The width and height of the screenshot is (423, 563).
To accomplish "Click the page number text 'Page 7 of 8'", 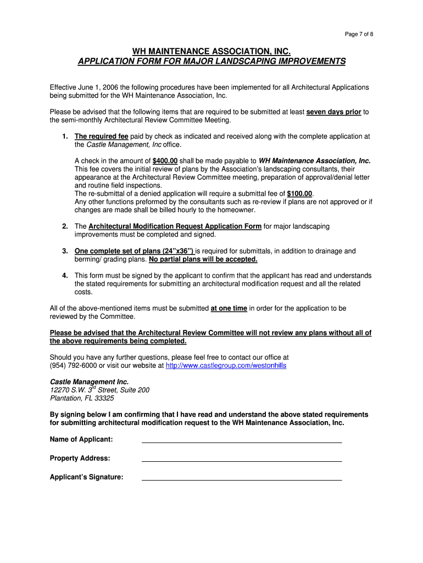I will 359,35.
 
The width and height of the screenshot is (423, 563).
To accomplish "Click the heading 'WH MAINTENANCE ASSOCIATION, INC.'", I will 211,51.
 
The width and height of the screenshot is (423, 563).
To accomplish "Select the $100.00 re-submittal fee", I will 299,194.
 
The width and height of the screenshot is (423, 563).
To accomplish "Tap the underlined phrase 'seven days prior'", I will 333,112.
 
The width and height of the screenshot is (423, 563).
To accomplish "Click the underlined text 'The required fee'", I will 102,136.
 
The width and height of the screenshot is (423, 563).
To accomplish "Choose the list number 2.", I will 65,227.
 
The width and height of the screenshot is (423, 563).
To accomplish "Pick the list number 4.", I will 65,275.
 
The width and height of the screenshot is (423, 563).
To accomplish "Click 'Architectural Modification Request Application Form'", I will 175,227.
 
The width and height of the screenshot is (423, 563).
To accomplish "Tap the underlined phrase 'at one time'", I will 229,308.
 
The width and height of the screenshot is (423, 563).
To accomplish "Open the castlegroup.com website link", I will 226,366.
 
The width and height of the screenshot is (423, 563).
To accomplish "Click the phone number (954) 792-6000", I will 74,366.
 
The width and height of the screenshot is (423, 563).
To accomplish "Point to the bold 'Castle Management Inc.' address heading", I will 89,382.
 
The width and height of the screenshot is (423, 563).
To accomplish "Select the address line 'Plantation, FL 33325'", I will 82,399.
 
